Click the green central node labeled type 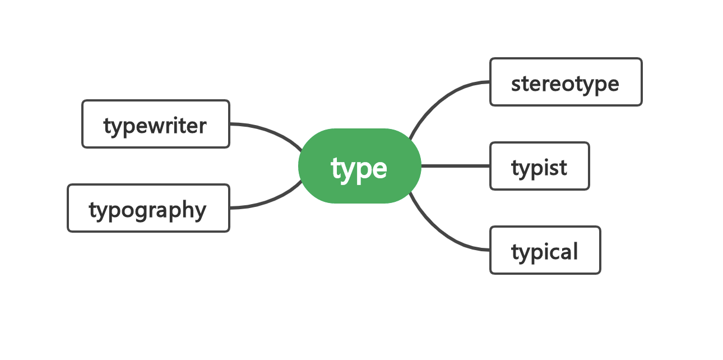(360, 166)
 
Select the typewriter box (156, 124)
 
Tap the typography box (149, 208)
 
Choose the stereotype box (566, 82)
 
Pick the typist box (539, 166)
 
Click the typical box (545, 250)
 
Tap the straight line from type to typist (456, 166)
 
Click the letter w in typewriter (158, 126)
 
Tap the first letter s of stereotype (516, 85)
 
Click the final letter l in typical (575, 251)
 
